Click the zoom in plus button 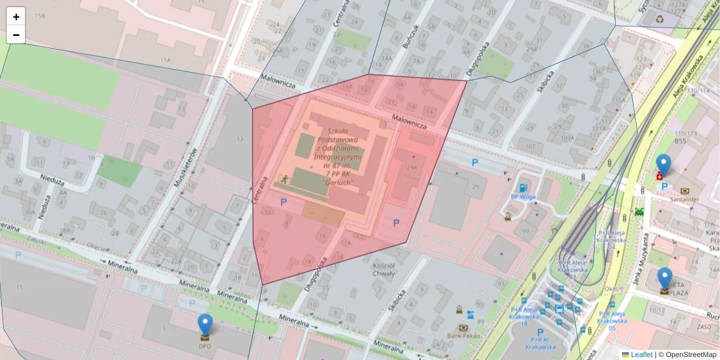click(16, 17)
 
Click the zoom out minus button click(16, 35)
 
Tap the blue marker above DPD click(205, 325)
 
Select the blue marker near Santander click(663, 165)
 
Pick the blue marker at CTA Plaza click(664, 278)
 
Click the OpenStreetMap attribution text click(690, 355)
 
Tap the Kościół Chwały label click(383, 269)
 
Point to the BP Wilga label click(523, 196)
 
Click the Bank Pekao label click(464, 335)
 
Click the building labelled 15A click(165, 60)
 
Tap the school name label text click(338, 156)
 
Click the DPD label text click(205, 346)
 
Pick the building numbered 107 click(529, 146)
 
